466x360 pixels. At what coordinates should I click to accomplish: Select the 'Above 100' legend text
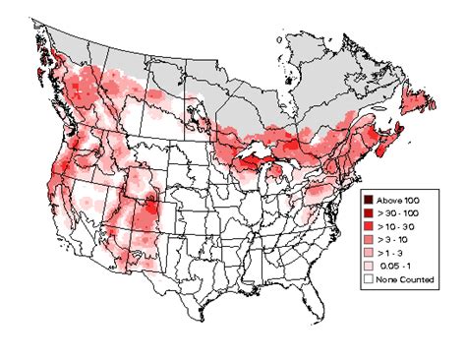[400, 199]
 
